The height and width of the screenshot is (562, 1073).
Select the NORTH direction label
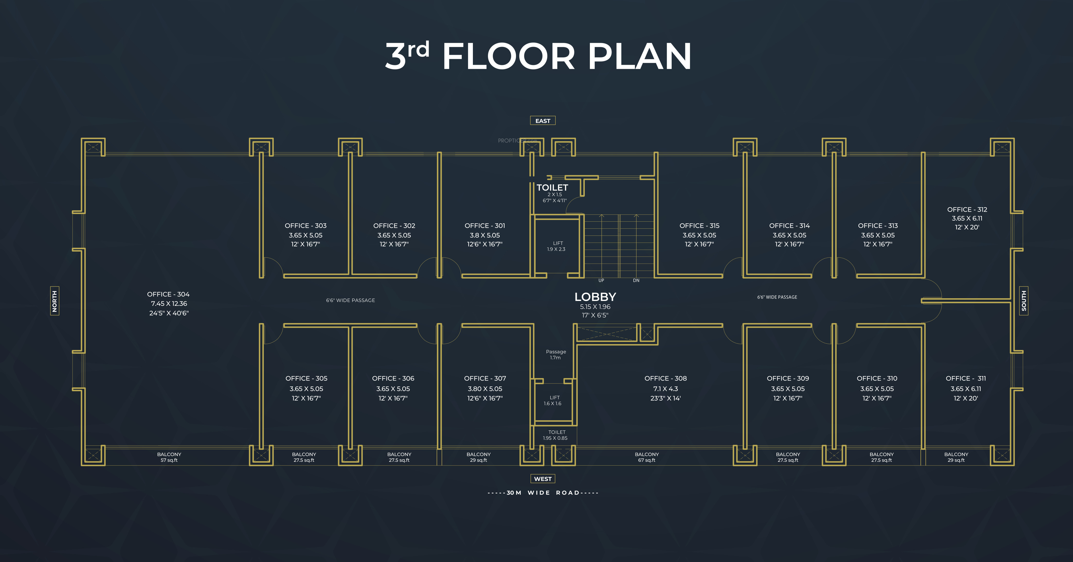[x=54, y=301]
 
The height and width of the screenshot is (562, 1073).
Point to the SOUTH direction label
[x=1023, y=301]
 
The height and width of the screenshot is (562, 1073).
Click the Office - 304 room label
[x=168, y=294]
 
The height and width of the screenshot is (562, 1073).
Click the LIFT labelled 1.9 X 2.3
[x=557, y=246]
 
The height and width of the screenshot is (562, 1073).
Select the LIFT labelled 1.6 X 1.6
[x=553, y=400]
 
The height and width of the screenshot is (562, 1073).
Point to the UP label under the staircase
[x=601, y=280]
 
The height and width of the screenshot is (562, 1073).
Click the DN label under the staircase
[x=636, y=280]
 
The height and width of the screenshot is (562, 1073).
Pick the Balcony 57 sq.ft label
[x=169, y=457]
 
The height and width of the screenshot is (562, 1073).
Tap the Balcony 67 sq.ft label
[x=647, y=457]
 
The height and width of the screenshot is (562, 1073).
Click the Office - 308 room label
[x=666, y=378]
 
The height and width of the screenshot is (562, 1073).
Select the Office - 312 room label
[x=967, y=209]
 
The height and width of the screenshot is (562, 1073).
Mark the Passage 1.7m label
[x=556, y=354]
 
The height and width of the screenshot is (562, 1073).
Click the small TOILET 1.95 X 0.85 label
[x=556, y=435]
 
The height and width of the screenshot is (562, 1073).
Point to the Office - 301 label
[x=485, y=225]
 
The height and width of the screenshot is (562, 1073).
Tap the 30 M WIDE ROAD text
[x=543, y=492]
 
